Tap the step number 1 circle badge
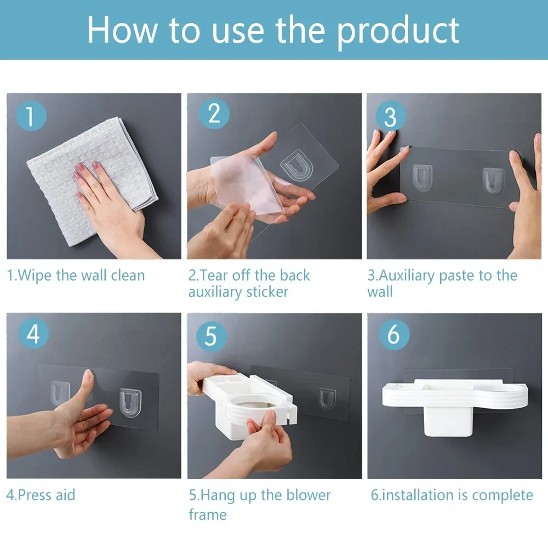[31, 116]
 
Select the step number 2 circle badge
[214, 113]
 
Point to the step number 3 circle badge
[390, 116]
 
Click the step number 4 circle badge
[33, 333]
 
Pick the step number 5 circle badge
[211, 336]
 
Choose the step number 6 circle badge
[394, 334]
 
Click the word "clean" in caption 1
[128, 276]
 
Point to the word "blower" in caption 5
[309, 495]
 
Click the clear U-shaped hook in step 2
[296, 165]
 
